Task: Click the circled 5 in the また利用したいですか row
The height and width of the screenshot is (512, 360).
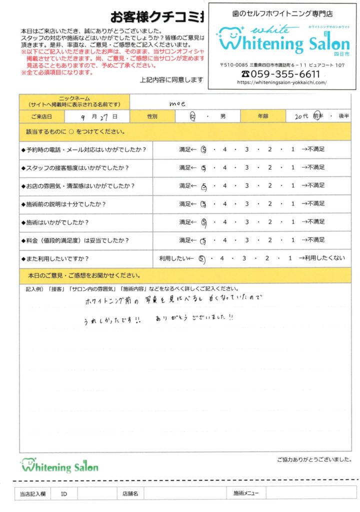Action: pos(202,259)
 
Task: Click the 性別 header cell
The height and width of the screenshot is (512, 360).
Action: pos(152,116)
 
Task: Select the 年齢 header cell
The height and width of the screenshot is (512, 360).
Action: pos(262,116)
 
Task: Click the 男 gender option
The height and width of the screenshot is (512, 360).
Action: pos(223,116)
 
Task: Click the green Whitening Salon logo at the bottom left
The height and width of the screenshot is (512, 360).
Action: pos(59,466)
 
